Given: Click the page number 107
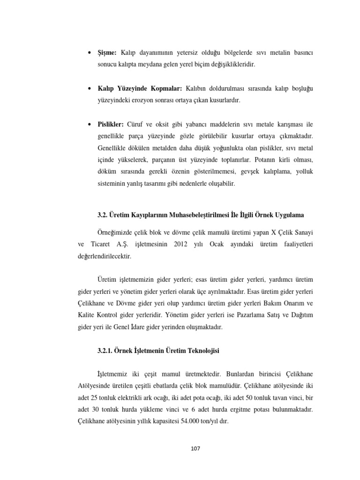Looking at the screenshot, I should point(195,449).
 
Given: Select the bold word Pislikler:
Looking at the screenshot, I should point(111,124).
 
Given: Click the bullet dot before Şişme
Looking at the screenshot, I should point(90,53).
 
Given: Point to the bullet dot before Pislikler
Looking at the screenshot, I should point(90,124).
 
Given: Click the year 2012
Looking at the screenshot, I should point(182,245).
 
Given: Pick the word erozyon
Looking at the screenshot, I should point(147,100).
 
